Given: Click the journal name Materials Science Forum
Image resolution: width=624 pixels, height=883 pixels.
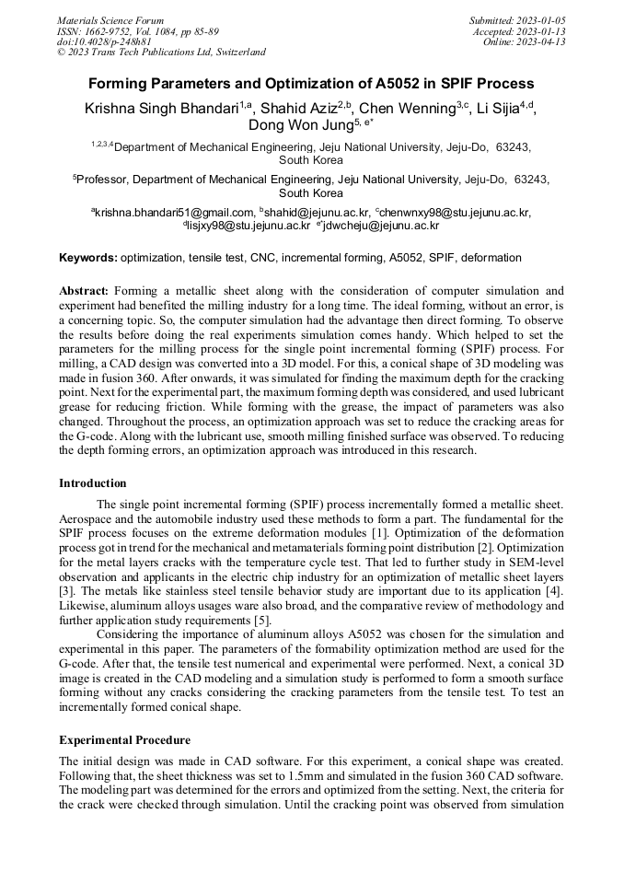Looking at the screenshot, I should click(x=110, y=19).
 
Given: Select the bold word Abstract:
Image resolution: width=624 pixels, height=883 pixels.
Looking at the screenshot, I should click(x=84, y=291).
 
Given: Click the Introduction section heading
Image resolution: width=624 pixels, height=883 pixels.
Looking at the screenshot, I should click(x=93, y=483).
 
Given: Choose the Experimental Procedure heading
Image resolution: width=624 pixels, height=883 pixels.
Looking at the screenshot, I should click(x=124, y=739).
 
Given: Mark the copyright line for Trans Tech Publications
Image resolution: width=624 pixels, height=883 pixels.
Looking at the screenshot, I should click(x=161, y=52).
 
